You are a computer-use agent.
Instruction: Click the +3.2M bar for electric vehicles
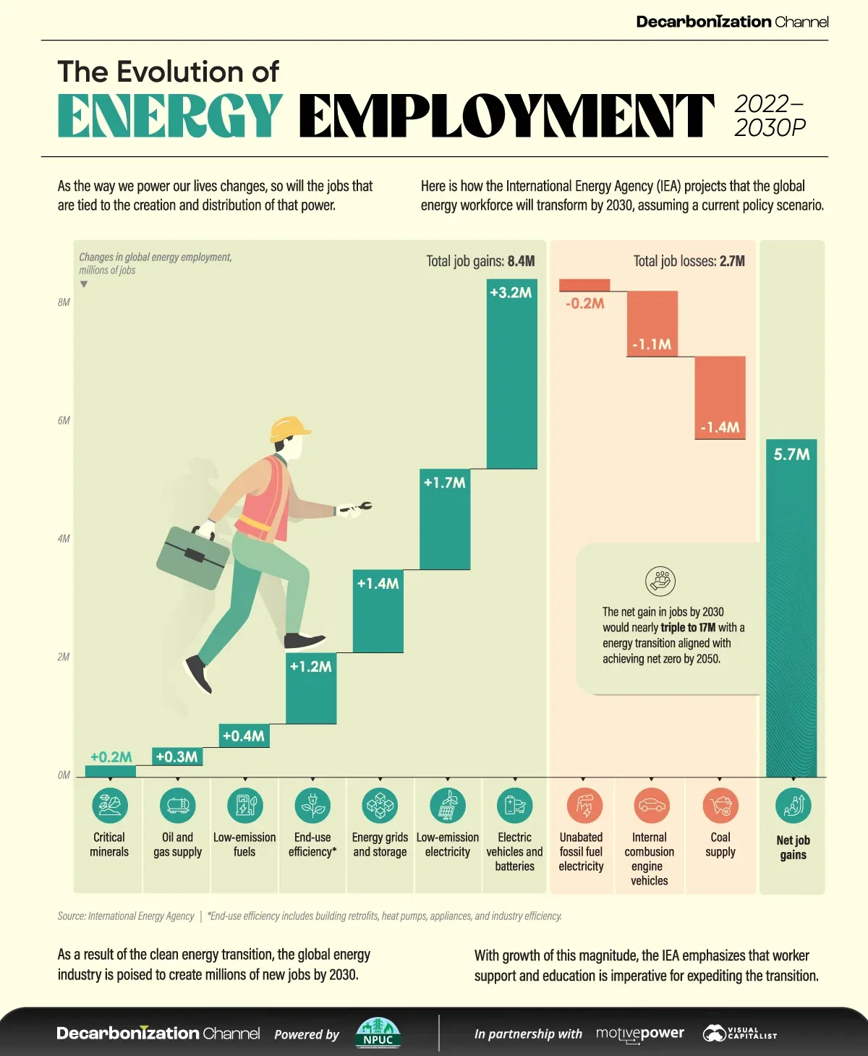[x=511, y=376]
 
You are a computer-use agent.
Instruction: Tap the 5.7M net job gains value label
[x=791, y=454]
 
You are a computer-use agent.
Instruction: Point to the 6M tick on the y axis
[x=64, y=420]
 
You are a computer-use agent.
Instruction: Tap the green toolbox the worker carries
[x=193, y=557]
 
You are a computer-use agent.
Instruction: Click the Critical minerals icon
[x=109, y=805]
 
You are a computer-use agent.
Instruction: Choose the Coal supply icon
[x=720, y=805]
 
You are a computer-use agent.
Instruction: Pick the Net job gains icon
[x=793, y=805]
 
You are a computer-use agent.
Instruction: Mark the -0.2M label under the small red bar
[x=584, y=303]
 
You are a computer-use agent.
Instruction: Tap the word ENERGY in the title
[x=170, y=116]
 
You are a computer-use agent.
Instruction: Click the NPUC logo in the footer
[x=378, y=1033]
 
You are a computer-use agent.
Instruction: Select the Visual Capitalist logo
[x=739, y=1034]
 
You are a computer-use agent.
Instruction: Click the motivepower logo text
[x=639, y=1034]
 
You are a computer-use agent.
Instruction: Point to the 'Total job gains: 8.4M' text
[x=480, y=261]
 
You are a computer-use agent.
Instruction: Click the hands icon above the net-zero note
[x=660, y=581]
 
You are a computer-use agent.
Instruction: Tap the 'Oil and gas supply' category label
[x=177, y=844]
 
